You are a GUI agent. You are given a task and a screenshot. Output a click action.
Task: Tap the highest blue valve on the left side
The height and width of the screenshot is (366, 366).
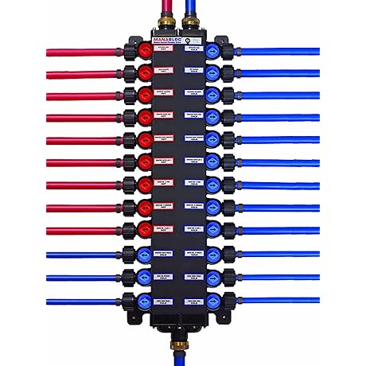(145, 254)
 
